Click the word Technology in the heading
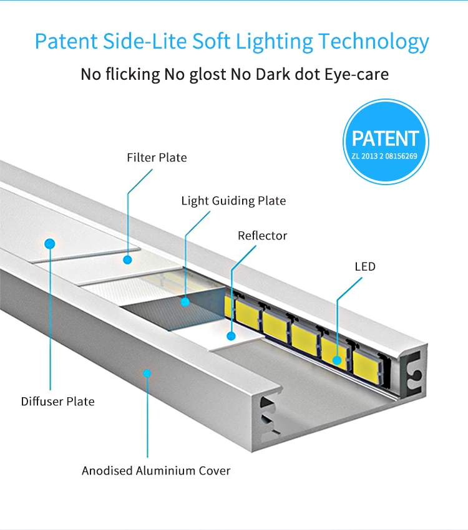(x=374, y=41)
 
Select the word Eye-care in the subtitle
(x=356, y=74)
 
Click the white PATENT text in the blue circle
(x=385, y=138)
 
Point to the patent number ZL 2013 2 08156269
(x=385, y=156)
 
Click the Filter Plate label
(x=157, y=158)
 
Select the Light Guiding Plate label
(x=233, y=201)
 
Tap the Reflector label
(x=262, y=236)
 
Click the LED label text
(x=365, y=267)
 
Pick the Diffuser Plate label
(x=57, y=402)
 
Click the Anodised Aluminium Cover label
(x=156, y=471)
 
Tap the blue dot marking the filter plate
(x=128, y=259)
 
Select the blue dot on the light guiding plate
(x=185, y=302)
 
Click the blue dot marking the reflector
(x=231, y=336)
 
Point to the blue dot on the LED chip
(x=337, y=360)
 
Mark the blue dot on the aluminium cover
(x=147, y=373)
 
